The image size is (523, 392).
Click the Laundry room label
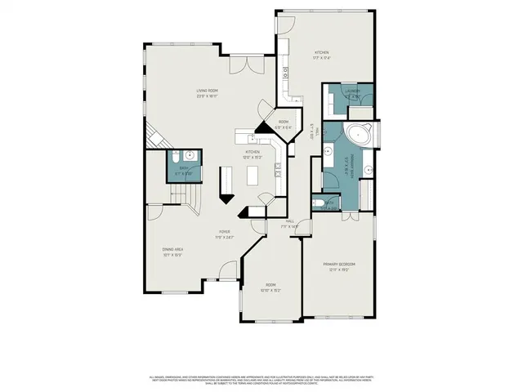click(353, 95)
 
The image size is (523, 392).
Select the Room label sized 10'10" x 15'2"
click(270, 287)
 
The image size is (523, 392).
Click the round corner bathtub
click(359, 135)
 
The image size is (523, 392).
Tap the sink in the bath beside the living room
click(189, 155)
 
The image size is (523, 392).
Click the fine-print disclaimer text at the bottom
click(261, 379)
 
